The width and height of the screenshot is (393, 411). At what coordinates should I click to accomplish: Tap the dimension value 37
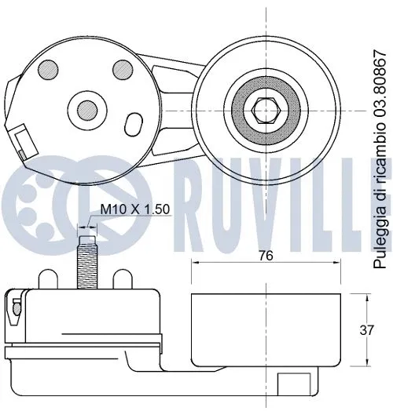(366, 330)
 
